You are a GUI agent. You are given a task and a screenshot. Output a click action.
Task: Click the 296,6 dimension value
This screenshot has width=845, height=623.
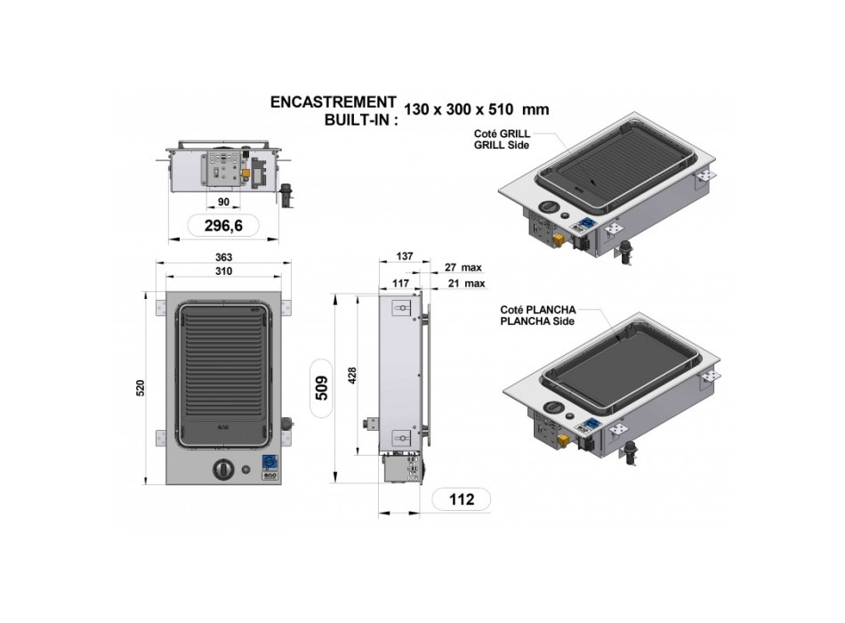pos(223,225)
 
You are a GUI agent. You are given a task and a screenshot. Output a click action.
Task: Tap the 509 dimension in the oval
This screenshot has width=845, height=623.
pos(321,388)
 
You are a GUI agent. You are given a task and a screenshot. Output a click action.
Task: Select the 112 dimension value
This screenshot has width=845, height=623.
pos(462,499)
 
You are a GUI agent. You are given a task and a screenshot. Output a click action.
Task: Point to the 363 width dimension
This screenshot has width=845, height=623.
pos(223,257)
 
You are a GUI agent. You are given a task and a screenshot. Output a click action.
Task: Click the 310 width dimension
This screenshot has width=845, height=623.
pos(223,271)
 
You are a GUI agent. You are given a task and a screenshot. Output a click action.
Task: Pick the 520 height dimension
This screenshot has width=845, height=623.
pos(141,388)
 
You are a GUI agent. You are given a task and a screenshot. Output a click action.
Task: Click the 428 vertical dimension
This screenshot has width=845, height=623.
pos(352,376)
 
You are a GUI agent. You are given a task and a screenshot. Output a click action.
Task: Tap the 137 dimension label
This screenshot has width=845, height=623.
pos(404,256)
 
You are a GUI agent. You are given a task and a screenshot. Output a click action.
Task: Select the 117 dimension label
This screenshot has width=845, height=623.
pos(400,283)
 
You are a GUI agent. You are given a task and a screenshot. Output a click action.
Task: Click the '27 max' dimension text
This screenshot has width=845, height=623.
pos(463,267)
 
